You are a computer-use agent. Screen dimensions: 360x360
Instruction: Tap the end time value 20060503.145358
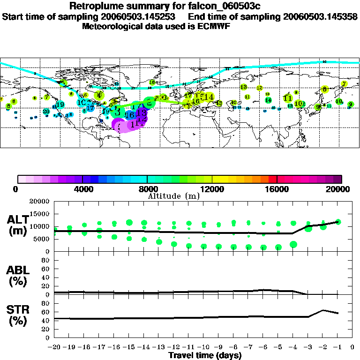tap(318, 17)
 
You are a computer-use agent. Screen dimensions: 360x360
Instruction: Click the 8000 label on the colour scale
tap(147, 189)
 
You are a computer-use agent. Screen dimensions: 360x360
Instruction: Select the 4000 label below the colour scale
tap(82, 189)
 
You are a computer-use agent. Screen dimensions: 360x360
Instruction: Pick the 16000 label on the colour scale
tap(277, 189)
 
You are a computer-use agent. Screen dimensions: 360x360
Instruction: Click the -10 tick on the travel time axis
tap(203, 347)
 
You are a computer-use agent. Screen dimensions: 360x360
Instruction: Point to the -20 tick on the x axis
tap(54, 347)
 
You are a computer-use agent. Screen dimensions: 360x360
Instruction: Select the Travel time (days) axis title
tap(205, 356)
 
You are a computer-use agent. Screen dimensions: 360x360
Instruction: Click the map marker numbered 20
tap(46, 111)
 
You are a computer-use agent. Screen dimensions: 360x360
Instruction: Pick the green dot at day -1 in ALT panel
tap(338, 222)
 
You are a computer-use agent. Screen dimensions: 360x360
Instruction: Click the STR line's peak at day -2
tap(323, 310)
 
